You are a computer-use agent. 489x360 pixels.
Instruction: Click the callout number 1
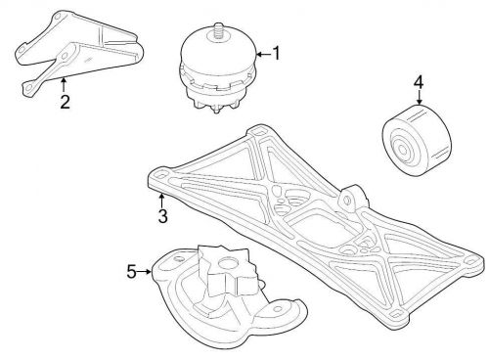[x=276, y=53]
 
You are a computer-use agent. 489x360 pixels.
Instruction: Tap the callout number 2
[x=65, y=102]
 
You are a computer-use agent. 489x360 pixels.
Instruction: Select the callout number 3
[x=162, y=216]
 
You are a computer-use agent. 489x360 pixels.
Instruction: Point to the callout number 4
[x=419, y=82]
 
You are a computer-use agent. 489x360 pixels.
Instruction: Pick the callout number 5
[x=131, y=271]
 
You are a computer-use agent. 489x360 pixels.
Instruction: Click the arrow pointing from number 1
[x=264, y=54]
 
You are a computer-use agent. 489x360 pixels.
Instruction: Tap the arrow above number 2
[x=64, y=84]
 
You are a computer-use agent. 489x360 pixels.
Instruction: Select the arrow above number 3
[x=161, y=200]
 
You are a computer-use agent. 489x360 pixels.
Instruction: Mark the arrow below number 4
[x=419, y=98]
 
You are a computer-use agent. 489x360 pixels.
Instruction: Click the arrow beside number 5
[x=145, y=271]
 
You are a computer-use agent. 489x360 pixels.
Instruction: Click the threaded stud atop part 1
[x=216, y=31]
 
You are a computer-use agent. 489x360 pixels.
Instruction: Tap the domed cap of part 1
[x=217, y=51]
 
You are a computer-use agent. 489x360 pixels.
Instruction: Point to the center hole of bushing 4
[x=403, y=150]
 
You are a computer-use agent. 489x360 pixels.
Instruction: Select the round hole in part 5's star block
[x=226, y=262]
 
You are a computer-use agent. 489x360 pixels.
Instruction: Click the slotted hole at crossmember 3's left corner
[x=160, y=175]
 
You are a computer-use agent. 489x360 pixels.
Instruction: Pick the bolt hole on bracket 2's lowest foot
[x=28, y=87]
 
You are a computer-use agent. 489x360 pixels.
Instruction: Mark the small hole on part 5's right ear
[x=278, y=308]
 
